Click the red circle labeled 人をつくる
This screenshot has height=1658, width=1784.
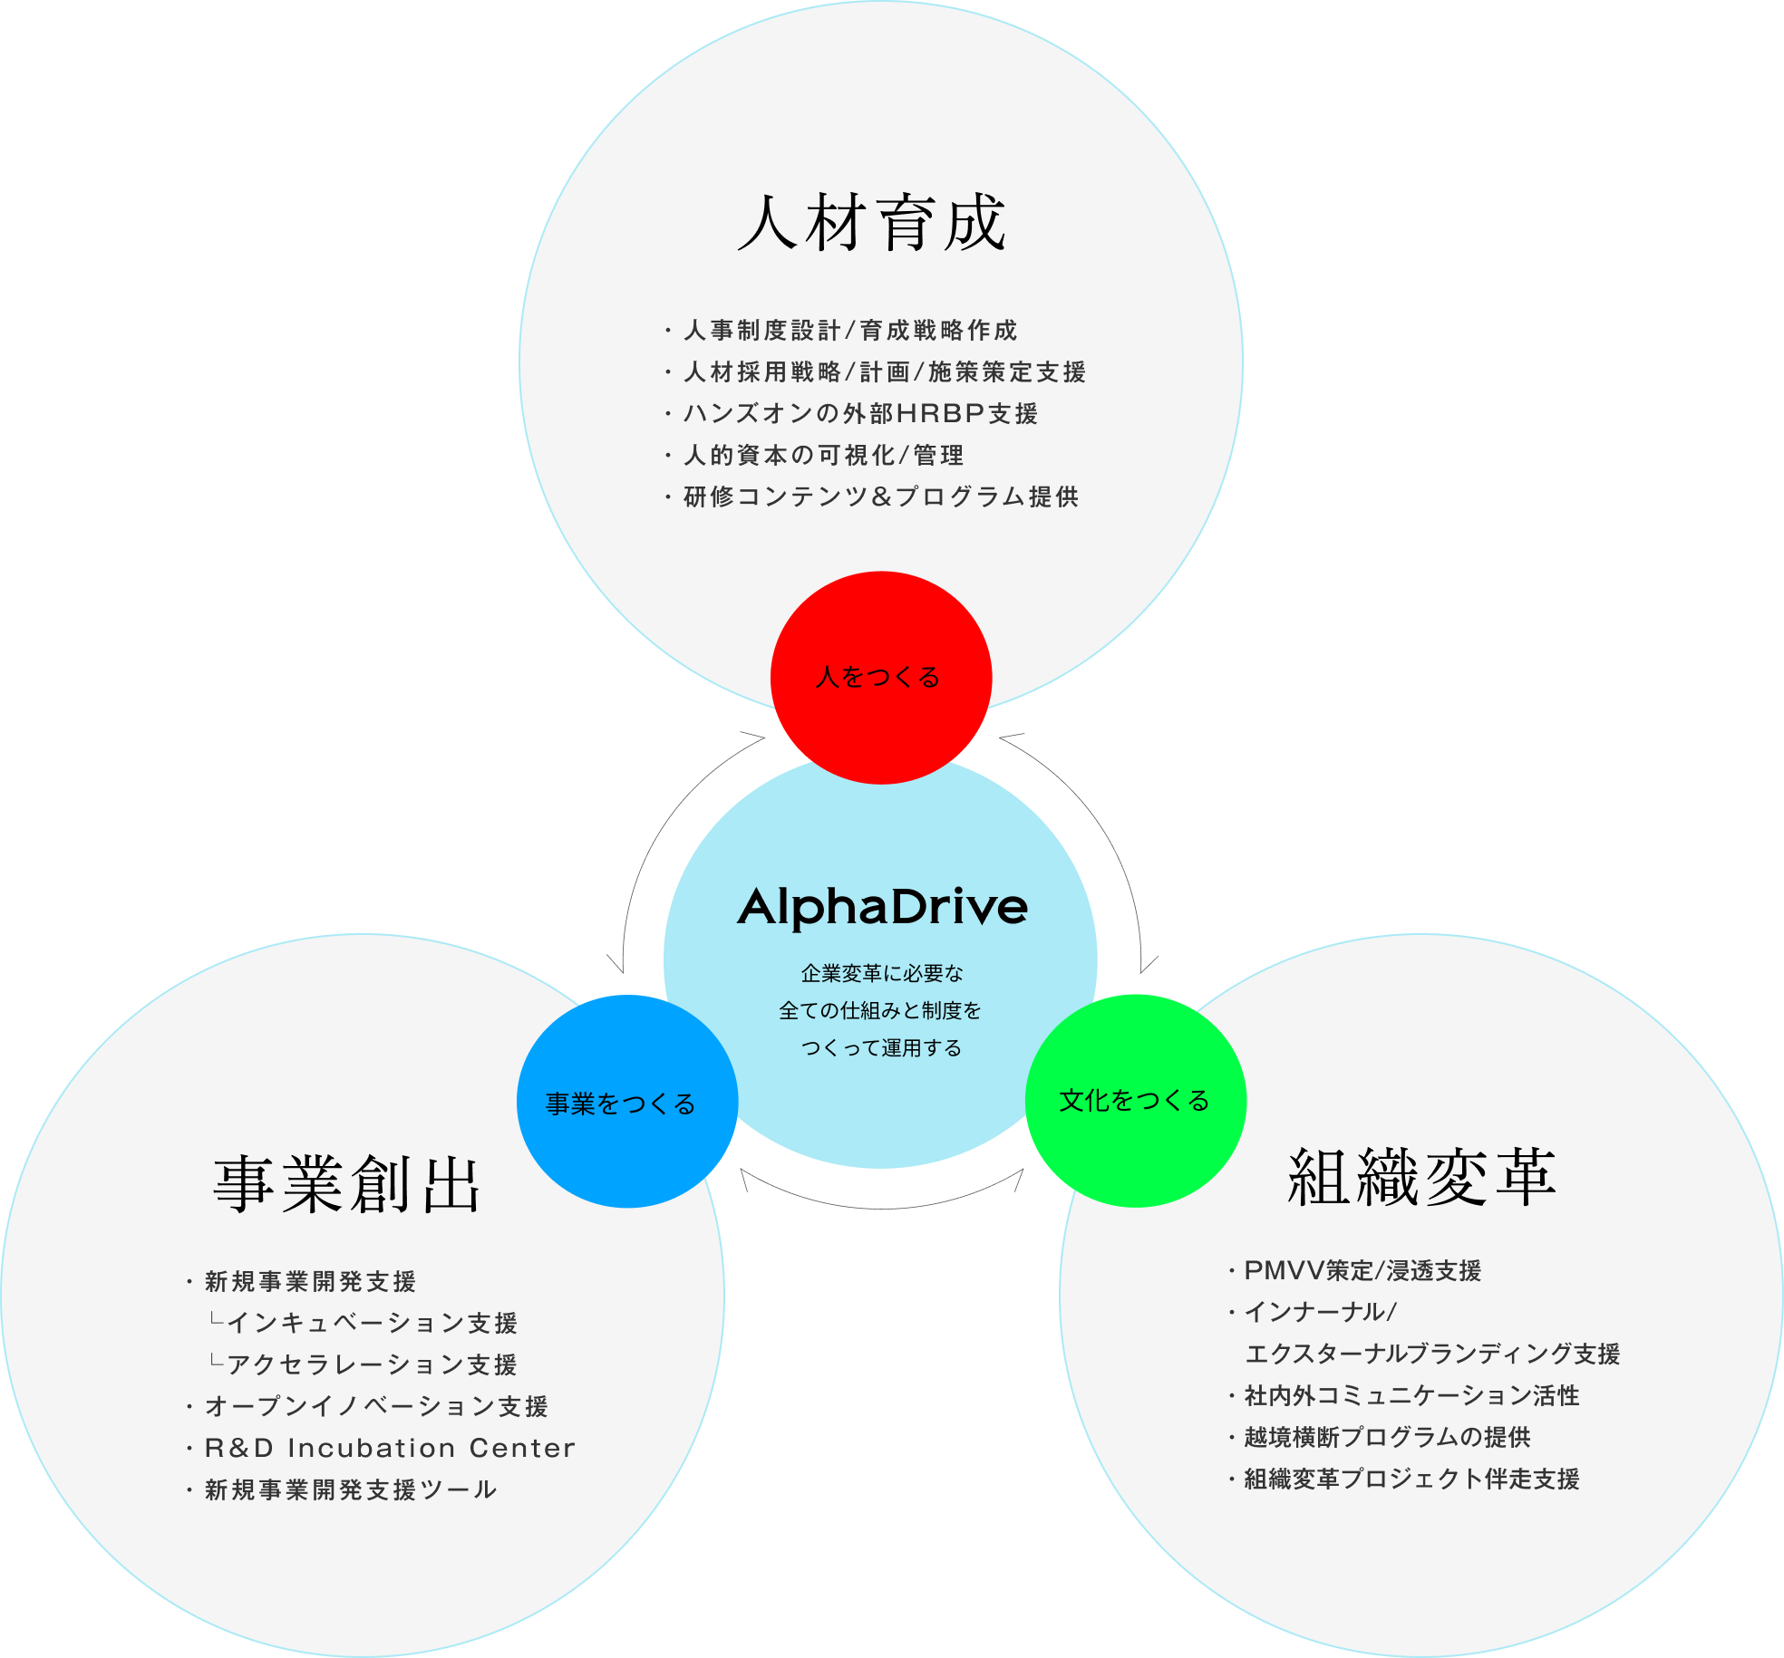point(880,677)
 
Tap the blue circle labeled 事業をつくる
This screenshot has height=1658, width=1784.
point(626,1102)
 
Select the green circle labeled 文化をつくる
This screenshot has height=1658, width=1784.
point(1135,1100)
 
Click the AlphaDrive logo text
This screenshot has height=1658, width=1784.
point(882,907)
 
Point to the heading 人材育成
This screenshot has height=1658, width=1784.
point(872,223)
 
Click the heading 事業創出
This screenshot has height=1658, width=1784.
point(346,1184)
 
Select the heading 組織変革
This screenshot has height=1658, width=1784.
point(1421,1178)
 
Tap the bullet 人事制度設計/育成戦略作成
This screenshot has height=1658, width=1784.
point(850,331)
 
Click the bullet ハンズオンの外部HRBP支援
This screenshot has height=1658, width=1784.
point(860,414)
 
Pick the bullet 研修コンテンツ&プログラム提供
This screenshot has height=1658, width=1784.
point(881,497)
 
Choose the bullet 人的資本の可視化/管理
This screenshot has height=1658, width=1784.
point(823,456)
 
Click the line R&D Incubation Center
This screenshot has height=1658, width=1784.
point(390,1448)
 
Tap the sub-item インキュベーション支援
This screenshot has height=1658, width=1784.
point(372,1324)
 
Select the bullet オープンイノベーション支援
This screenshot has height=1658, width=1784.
point(376,1407)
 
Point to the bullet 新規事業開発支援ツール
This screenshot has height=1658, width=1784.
point(351,1490)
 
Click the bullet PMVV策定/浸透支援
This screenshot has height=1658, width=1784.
point(1362,1271)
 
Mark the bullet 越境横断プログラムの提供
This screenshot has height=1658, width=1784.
point(1387,1438)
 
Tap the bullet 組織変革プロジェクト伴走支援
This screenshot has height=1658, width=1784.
point(1411,1480)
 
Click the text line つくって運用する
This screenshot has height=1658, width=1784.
point(881,1048)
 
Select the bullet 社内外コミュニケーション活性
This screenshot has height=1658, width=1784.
point(1411,1396)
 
